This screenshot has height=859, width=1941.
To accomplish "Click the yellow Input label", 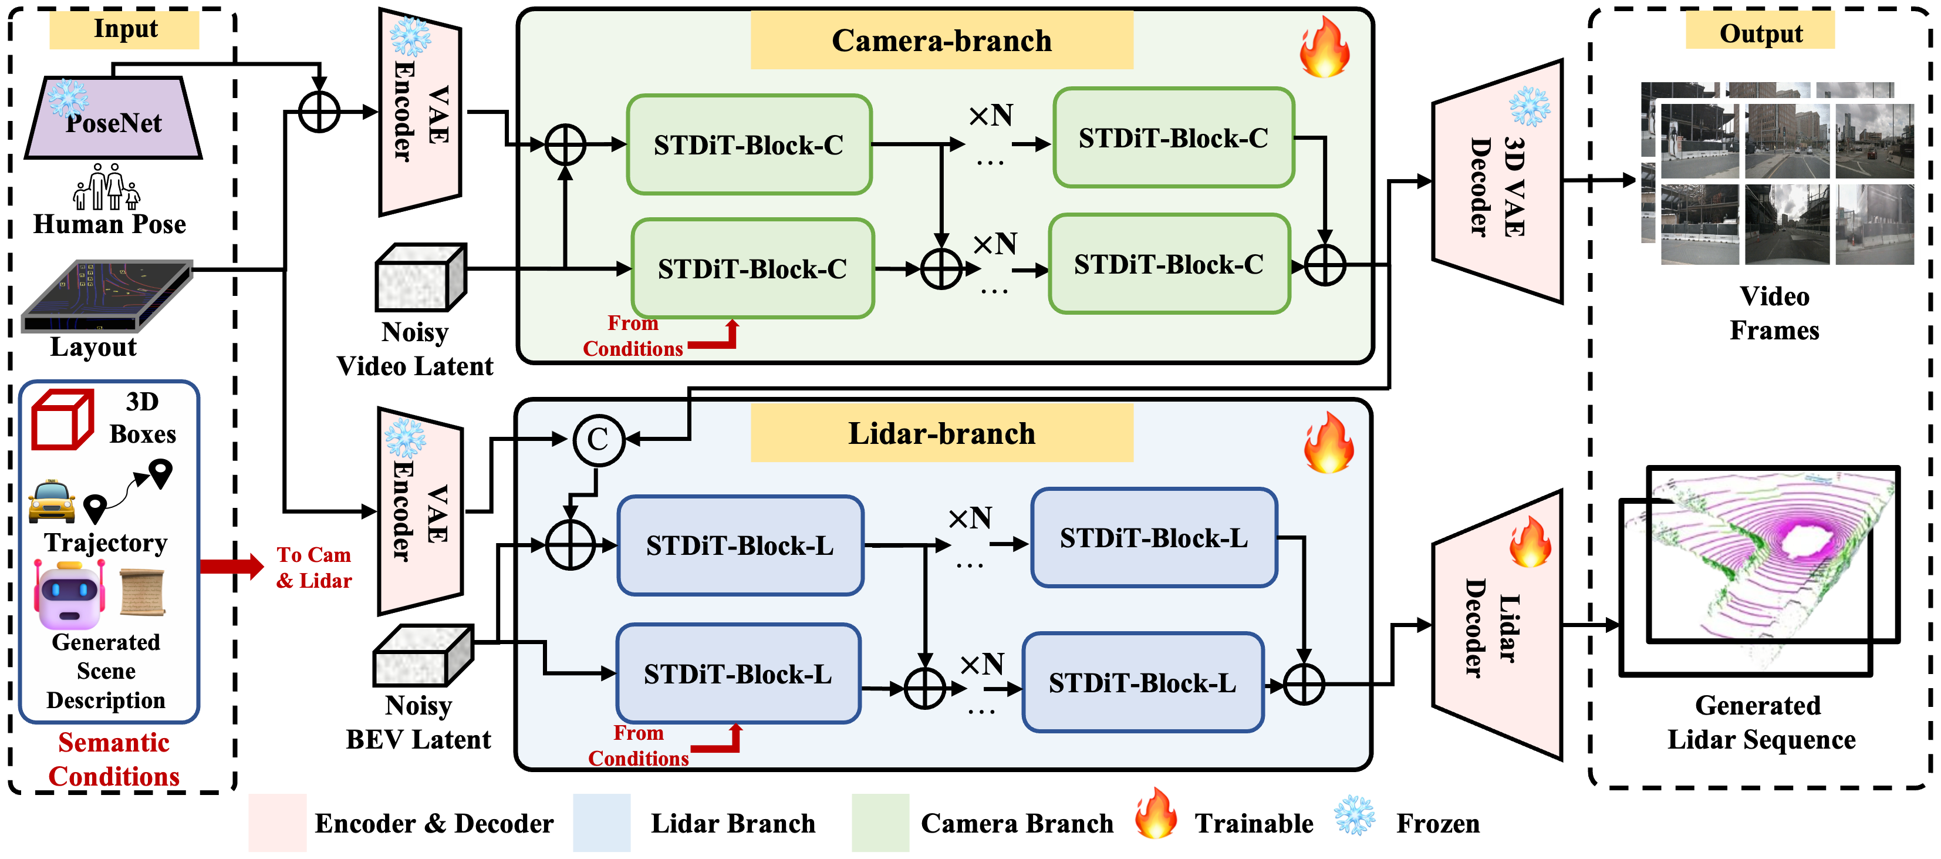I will tap(124, 29).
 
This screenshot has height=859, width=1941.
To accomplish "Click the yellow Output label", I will tap(1760, 32).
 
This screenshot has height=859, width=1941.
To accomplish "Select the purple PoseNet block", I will tap(113, 120).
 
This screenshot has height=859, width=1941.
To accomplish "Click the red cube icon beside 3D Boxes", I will tap(62, 419).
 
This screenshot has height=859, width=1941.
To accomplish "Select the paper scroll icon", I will tap(143, 591).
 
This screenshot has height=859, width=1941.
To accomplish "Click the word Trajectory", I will tap(106, 543).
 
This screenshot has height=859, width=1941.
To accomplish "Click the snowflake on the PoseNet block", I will tap(68, 98).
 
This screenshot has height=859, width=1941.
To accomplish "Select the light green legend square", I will tap(880, 822).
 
